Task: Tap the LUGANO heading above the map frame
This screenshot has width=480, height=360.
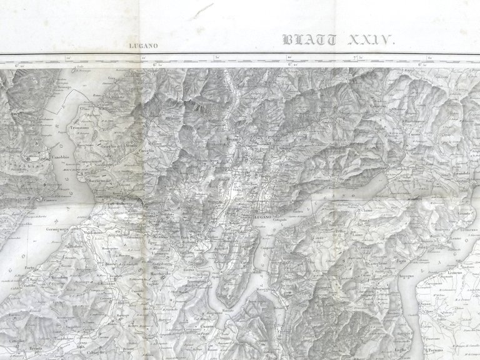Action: [144, 46]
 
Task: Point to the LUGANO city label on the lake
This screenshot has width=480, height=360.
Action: [262, 216]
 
